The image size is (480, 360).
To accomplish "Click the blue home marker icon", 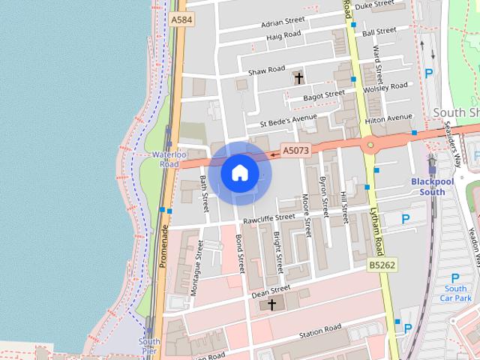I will coord(239,173).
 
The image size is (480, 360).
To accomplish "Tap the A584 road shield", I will coord(179,19).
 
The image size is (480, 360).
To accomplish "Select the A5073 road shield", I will coord(295,151).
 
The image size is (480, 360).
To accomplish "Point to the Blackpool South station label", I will coord(427,187).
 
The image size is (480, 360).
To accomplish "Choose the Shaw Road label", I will coord(267,70).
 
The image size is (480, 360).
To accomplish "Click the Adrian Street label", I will coord(283,21).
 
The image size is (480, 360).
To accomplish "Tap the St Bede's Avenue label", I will coord(289,119).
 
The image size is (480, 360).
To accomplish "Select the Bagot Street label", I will coord(324,95).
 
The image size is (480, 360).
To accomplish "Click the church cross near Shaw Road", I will coord(298,76).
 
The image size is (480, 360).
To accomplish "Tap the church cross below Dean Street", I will coord(271,304).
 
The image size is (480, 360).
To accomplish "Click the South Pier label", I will coord(149,346).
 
